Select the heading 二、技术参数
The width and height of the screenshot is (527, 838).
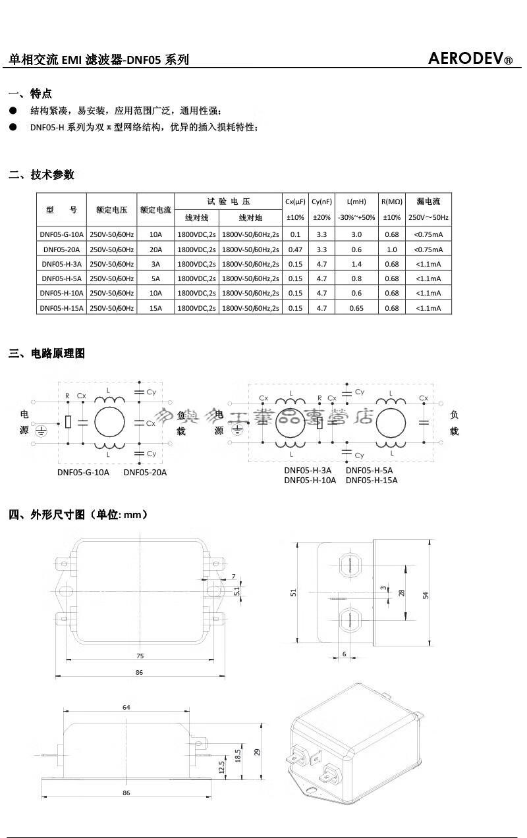click(x=42, y=174)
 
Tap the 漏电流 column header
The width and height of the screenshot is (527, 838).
click(x=428, y=201)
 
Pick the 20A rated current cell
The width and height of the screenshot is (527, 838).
click(x=155, y=249)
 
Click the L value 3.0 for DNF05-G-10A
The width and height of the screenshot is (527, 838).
click(x=356, y=234)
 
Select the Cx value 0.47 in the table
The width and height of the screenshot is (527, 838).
click(x=295, y=249)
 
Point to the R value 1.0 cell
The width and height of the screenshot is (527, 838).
click(x=392, y=249)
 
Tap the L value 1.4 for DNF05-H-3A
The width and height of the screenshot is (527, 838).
click(x=356, y=264)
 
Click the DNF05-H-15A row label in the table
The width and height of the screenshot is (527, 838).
click(x=62, y=307)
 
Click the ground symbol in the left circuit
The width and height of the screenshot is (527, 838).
click(x=40, y=431)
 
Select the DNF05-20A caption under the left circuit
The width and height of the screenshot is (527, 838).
click(x=145, y=472)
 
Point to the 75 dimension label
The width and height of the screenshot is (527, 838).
click(x=140, y=656)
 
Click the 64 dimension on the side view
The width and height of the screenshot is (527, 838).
click(x=126, y=707)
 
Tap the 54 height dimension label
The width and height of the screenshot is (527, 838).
click(x=426, y=595)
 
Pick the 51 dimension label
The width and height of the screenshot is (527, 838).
click(x=294, y=592)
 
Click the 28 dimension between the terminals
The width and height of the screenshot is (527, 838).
click(x=402, y=592)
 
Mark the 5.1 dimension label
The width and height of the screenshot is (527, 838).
click(x=236, y=591)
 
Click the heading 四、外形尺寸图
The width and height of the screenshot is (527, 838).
click(x=78, y=514)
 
